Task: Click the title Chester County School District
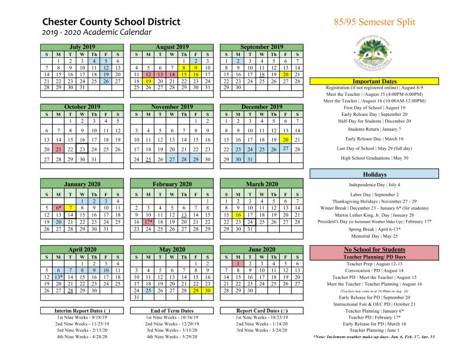(112, 22)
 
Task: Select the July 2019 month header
(82, 47)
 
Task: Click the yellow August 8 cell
(185, 68)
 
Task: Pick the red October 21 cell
(58, 149)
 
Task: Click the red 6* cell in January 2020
(58, 208)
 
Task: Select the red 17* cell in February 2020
(149, 222)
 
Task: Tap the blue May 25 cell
(149, 291)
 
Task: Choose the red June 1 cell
(238, 264)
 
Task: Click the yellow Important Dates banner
(374, 81)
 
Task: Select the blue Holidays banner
(374, 174)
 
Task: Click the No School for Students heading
(374, 250)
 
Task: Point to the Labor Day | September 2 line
(374, 194)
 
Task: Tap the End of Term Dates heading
(172, 311)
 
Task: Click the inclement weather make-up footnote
(374, 336)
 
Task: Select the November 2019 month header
(172, 107)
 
